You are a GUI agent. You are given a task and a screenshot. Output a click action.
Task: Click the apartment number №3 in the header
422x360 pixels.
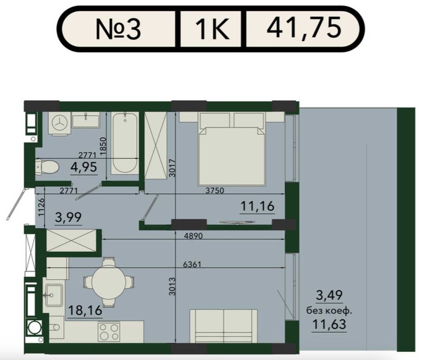point(118,29)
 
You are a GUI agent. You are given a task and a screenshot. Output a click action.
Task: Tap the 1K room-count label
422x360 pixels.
point(212,29)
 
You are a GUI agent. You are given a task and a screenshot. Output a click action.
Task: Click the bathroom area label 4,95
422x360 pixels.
point(84,167)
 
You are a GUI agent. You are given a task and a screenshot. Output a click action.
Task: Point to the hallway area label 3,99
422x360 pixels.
point(68,218)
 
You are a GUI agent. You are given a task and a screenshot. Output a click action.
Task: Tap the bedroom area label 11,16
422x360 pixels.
point(258,206)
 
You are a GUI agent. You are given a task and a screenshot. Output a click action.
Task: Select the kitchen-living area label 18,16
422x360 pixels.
point(85,311)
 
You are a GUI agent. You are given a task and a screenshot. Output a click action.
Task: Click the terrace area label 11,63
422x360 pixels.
point(329,324)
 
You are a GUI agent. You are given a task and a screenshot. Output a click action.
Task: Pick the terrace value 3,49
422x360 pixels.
point(329,295)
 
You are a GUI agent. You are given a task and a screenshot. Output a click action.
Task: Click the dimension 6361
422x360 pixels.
point(192,264)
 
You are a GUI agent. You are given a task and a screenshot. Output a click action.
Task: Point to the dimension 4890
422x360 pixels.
point(193,236)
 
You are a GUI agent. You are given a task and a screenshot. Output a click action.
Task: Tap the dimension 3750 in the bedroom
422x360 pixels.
point(214,191)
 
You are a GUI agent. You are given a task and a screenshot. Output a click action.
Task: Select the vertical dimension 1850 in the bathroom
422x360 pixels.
point(103,146)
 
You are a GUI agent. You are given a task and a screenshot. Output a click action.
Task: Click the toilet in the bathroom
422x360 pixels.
point(47,167)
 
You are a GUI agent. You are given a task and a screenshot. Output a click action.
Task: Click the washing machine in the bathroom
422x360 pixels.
point(60,123)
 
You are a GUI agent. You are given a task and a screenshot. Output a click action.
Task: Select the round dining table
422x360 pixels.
point(108,282)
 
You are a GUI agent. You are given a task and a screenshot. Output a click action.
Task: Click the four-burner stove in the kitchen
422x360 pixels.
point(109,332)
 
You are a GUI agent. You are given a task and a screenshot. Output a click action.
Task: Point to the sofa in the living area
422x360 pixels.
point(224,326)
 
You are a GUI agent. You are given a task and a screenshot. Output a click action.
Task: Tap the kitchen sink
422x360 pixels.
point(54,295)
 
